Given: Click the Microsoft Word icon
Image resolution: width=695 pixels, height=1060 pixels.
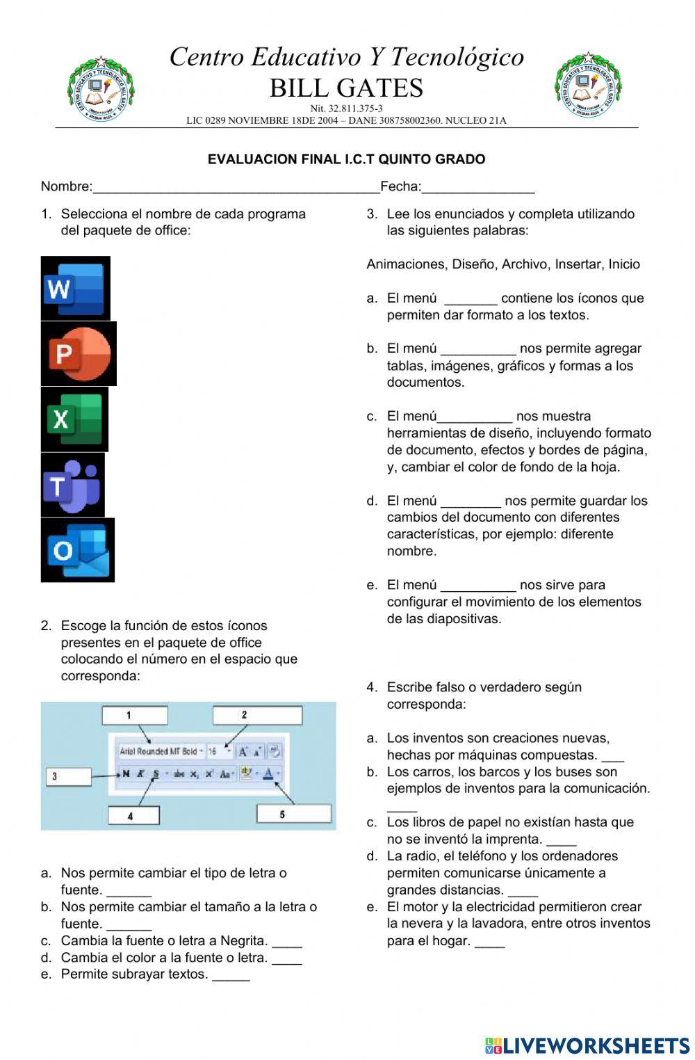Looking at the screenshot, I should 75,288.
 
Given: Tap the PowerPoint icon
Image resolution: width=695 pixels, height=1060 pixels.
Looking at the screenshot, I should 79,353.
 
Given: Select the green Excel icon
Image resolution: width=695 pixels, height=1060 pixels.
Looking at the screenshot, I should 74,419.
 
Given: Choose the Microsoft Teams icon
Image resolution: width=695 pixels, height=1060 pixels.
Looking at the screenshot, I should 72,485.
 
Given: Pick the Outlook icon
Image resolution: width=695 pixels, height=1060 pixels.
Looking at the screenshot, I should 77,550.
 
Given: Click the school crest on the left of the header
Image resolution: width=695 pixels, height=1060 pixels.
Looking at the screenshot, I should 101,89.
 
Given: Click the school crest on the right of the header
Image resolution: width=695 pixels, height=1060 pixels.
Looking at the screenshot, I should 588,86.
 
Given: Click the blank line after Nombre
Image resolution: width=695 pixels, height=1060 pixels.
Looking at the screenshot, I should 236,187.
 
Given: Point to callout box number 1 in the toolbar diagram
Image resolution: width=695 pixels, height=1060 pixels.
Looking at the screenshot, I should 135,715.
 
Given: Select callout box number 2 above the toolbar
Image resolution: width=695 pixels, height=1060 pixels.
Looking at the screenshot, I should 257,715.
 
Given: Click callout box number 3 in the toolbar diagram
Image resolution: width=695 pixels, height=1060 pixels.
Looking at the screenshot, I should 68,776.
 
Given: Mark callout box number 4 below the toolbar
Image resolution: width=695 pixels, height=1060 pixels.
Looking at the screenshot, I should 133,815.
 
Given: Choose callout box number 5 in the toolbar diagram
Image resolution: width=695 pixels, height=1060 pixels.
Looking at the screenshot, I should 293,813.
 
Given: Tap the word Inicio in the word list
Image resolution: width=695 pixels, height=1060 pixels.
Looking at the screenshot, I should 623,264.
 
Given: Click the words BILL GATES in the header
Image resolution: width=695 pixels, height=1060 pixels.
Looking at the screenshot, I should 346,88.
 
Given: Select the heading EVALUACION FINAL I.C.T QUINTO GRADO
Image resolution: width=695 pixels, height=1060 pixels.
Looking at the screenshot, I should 346,159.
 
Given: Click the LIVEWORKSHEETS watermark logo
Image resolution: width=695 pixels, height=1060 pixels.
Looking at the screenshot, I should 587,1045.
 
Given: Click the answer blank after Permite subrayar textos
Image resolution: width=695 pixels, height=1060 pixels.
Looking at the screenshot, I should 231,975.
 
